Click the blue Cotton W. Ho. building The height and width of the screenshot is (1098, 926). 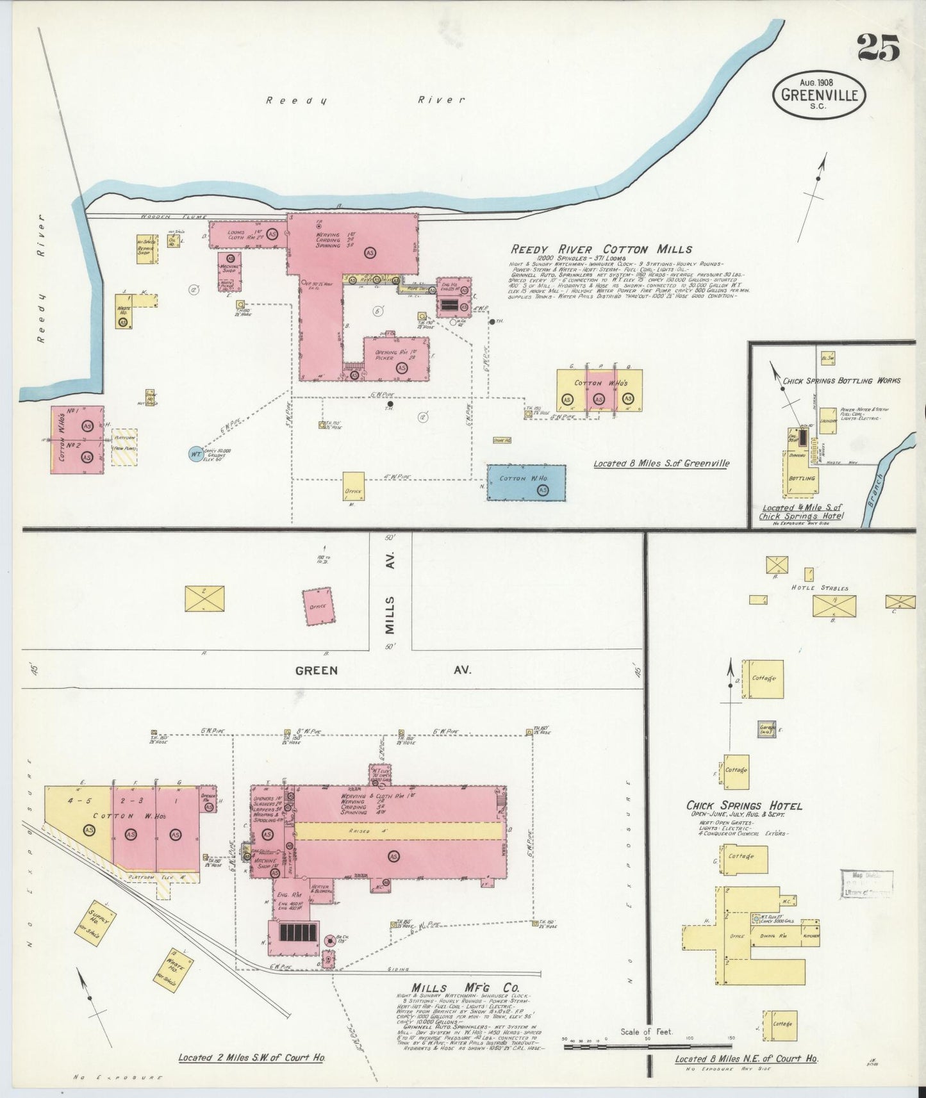(526, 482)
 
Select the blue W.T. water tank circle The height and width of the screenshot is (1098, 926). (195, 454)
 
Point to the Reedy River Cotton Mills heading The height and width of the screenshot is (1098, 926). (600, 250)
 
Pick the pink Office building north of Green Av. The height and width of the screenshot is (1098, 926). (318, 605)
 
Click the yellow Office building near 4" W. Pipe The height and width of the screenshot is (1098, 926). (353, 486)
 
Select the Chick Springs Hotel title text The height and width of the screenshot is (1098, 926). (743, 806)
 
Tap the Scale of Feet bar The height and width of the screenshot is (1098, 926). (647, 1047)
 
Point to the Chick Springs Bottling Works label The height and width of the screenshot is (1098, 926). (841, 381)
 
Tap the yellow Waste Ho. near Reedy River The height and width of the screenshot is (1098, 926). (124, 311)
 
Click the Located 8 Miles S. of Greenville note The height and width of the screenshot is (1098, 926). (661, 464)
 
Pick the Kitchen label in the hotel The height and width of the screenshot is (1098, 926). (811, 936)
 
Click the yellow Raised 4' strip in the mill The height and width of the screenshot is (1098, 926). (397, 831)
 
